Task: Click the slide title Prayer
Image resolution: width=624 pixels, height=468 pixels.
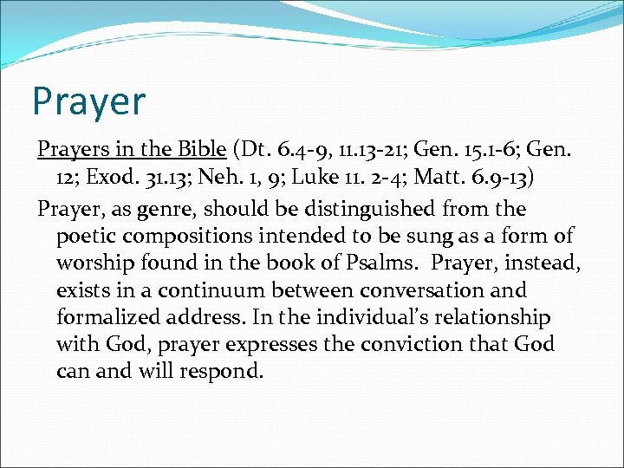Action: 88,101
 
